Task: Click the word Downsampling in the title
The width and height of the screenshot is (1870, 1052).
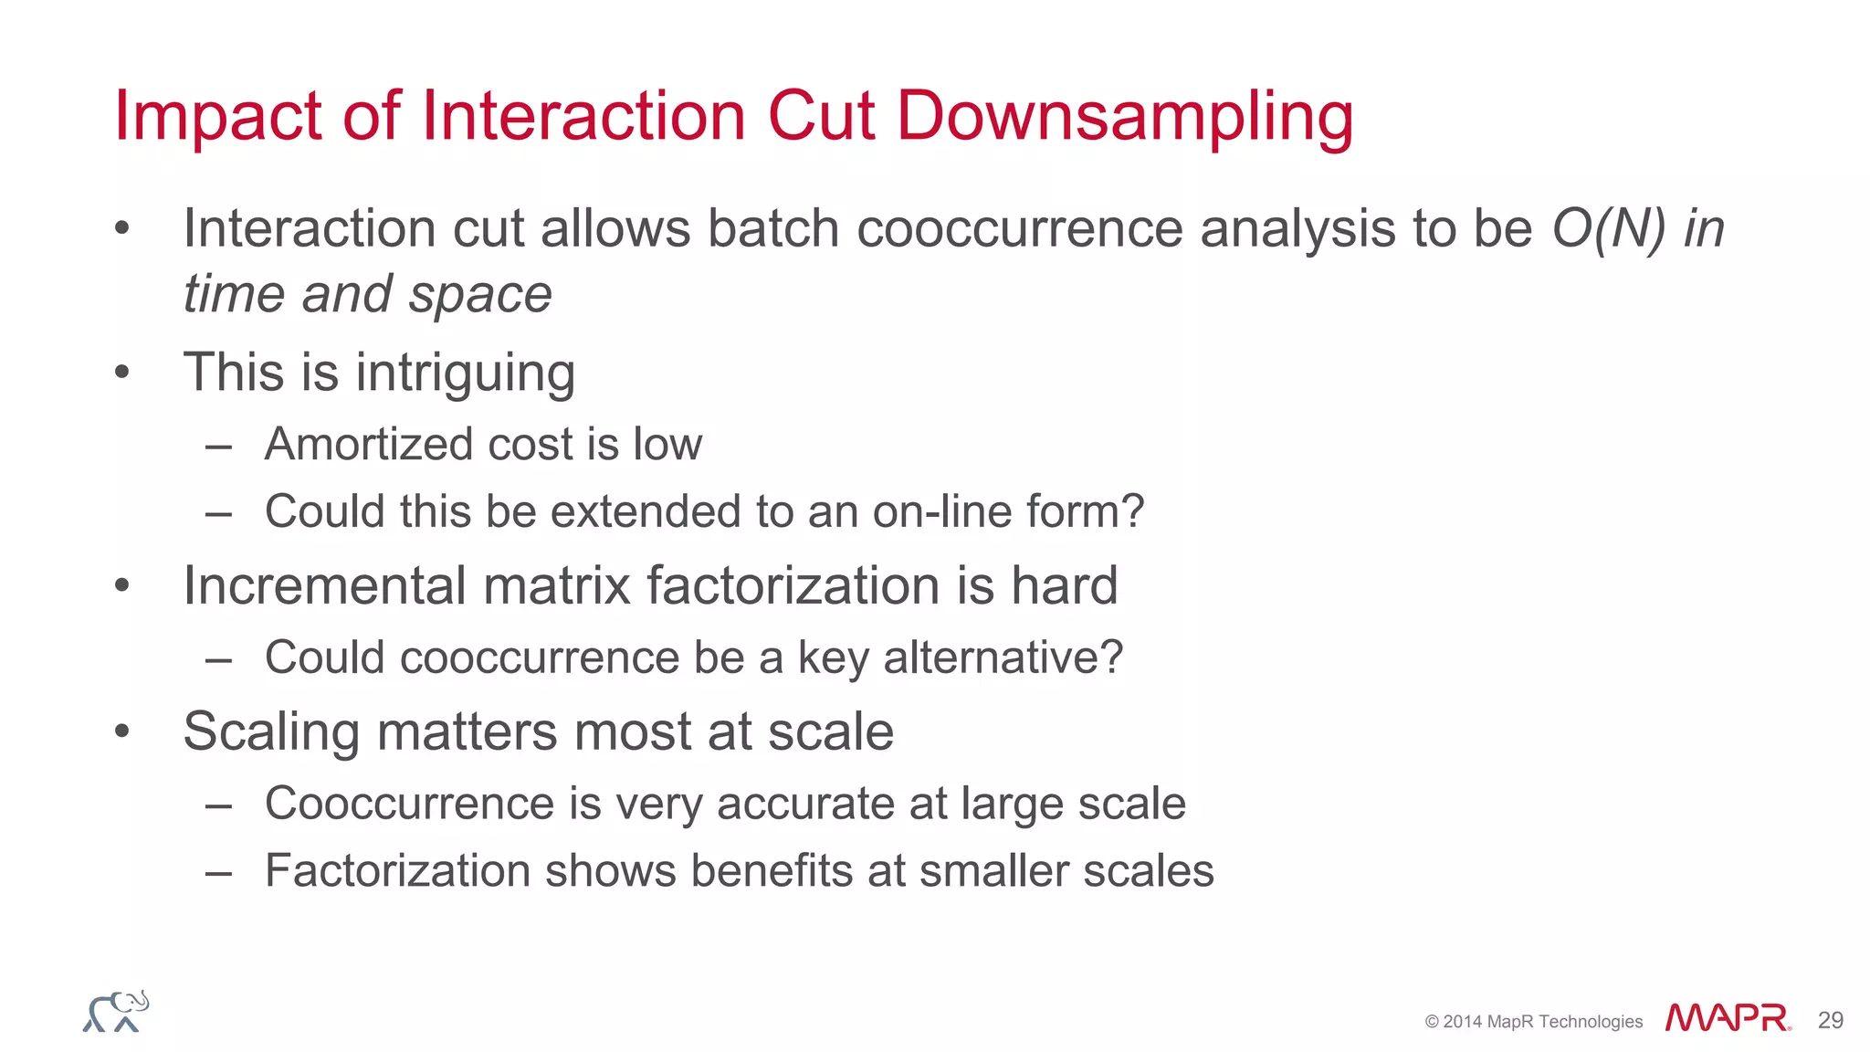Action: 1125,117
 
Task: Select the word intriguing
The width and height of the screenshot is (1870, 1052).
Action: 465,373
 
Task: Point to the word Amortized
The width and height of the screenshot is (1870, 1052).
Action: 369,445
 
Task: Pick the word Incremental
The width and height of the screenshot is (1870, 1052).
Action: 324,585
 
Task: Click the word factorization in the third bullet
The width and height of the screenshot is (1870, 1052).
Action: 793,585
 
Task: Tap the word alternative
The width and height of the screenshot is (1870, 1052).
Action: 1002,657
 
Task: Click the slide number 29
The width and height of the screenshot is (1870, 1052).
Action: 1830,1020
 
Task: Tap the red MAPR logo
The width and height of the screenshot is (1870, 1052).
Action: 1727,1018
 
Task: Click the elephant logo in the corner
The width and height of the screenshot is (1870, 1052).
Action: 116,1012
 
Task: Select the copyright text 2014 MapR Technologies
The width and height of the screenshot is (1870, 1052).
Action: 1542,1022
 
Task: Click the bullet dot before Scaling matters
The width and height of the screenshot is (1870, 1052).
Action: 122,731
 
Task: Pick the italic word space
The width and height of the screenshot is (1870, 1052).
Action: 480,295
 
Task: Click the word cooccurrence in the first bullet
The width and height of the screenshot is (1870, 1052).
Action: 1019,228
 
